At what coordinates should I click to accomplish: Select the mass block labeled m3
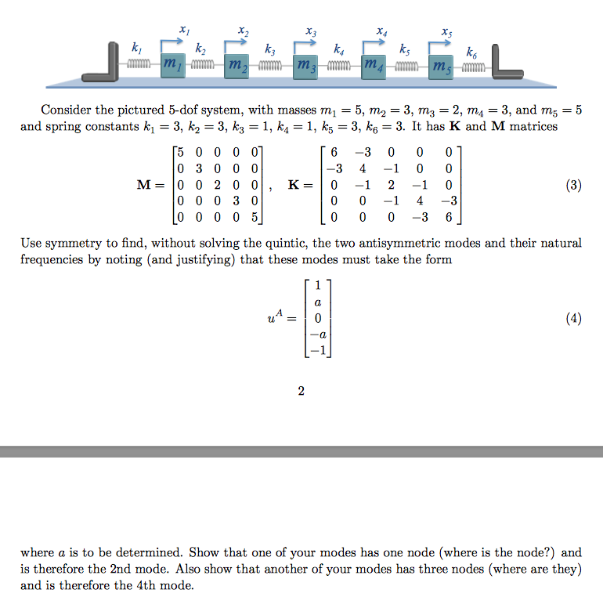click(x=305, y=66)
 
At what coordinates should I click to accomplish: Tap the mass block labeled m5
click(x=439, y=66)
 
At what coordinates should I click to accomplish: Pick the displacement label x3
click(x=312, y=32)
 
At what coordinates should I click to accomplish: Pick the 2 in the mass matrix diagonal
click(x=216, y=186)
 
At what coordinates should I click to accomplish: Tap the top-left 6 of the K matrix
click(x=335, y=152)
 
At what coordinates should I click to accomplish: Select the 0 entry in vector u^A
click(x=317, y=319)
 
